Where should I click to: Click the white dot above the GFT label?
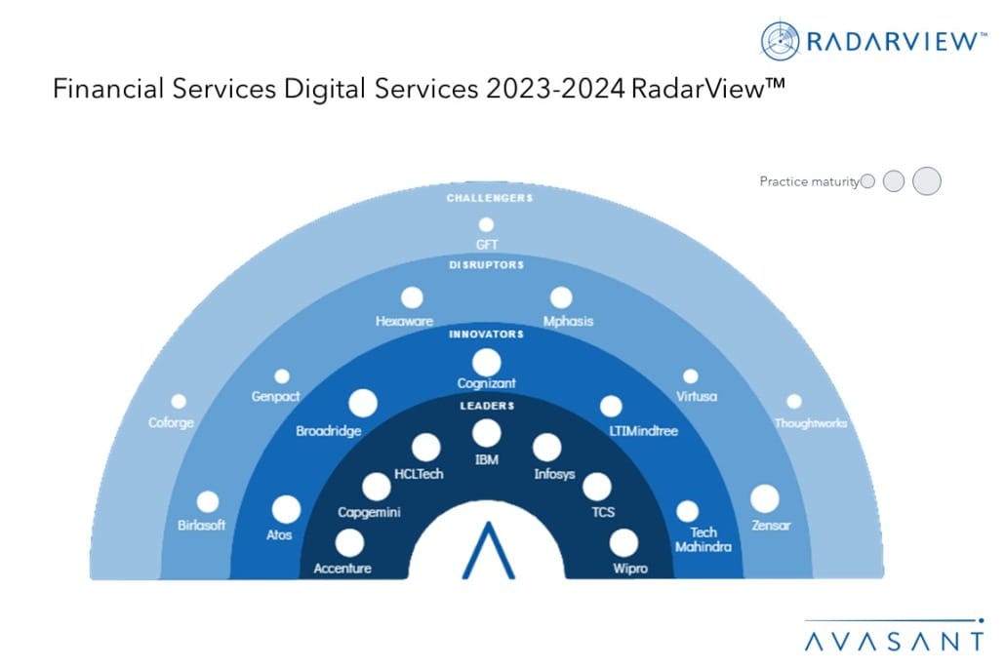487,225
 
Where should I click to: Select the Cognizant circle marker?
487,363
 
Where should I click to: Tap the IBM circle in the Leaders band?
487,434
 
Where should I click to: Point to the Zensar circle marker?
765,499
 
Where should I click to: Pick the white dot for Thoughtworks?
794,402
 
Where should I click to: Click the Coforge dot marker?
179,402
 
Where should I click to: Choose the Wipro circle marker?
623,543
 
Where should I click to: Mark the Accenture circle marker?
349,543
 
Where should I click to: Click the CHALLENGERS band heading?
490,198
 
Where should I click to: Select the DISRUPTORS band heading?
487,264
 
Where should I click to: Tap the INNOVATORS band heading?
487,334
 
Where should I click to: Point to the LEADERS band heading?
487,406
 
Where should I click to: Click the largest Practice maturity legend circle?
927,181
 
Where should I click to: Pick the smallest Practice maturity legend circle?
867,181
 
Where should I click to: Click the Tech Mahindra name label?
703,539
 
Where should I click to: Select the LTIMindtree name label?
644,431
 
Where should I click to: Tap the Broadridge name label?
328,431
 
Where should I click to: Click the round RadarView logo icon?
780,41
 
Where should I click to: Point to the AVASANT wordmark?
894,641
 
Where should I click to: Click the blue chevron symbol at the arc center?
489,550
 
